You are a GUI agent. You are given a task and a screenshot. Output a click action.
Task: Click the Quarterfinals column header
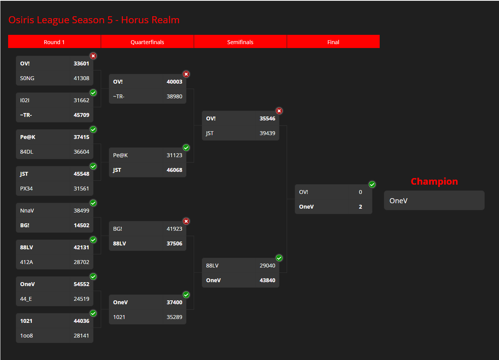(147, 42)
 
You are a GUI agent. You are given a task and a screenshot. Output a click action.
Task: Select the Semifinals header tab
(240, 42)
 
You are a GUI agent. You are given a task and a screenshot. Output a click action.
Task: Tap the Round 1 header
(54, 42)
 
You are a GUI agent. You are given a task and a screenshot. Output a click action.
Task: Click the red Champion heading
(434, 182)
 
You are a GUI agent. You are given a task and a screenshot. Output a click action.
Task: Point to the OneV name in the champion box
(398, 201)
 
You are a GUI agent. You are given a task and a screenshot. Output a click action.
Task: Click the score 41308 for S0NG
(81, 78)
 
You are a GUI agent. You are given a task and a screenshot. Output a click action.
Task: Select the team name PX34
(26, 189)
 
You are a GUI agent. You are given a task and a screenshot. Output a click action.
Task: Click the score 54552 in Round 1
(81, 284)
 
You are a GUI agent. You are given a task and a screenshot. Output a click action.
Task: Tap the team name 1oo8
(26, 336)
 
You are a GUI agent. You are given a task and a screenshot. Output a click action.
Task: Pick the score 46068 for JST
(174, 170)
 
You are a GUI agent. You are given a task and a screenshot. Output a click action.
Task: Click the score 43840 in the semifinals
(267, 280)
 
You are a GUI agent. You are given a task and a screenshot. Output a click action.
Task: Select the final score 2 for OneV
(360, 207)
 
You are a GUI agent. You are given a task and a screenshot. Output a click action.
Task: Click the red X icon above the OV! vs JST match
(279, 111)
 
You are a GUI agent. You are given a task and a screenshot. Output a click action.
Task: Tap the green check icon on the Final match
(372, 184)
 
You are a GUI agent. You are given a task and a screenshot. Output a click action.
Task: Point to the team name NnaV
(27, 211)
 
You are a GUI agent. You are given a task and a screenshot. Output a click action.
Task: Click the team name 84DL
(26, 152)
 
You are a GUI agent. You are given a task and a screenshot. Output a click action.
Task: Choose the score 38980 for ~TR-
(174, 96)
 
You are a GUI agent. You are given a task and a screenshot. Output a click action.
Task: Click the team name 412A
(26, 262)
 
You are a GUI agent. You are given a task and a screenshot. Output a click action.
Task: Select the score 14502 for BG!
(81, 225)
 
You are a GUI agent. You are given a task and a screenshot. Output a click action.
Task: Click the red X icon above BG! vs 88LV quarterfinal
(186, 221)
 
